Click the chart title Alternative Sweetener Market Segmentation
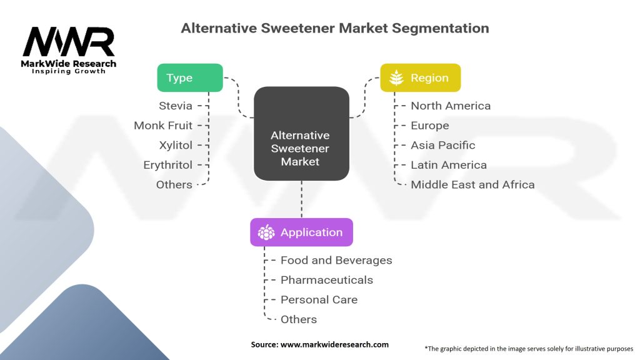pyautogui.click(x=334, y=28)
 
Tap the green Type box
pyautogui.click(x=189, y=78)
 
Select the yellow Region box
pyautogui.click(x=420, y=78)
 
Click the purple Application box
pyautogui.click(x=301, y=232)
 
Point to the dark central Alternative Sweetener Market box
pyautogui.click(x=301, y=134)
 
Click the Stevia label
pyautogui.click(x=175, y=106)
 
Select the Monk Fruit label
pyautogui.click(x=162, y=126)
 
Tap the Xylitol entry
pyautogui.click(x=176, y=145)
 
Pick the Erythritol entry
pyautogui.click(x=167, y=165)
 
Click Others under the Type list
pyautogui.click(x=174, y=184)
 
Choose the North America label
pyautogui.click(x=451, y=106)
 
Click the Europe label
pyautogui.click(x=429, y=126)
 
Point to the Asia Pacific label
pyautogui.click(x=442, y=145)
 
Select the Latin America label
pyautogui.click(x=448, y=165)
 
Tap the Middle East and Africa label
pyautogui.click(x=472, y=184)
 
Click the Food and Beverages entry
pyautogui.click(x=336, y=260)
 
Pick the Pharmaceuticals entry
pyautogui.click(x=326, y=280)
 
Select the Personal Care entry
pyautogui.click(x=319, y=299)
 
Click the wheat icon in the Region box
pyautogui.click(x=396, y=78)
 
